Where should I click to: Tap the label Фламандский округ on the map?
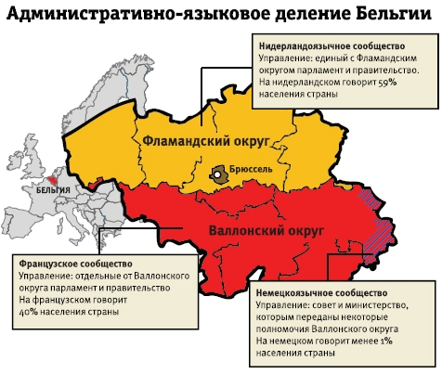(206, 139)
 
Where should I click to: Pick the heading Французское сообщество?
(75, 264)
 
